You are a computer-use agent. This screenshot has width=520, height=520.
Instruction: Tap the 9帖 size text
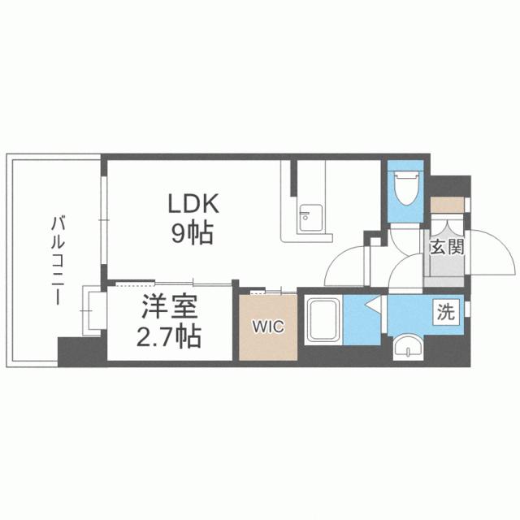[x=192, y=234]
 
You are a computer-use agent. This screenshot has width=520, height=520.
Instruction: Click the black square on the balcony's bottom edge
[x=72, y=350]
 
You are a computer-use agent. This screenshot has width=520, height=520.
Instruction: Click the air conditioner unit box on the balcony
[x=93, y=311]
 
